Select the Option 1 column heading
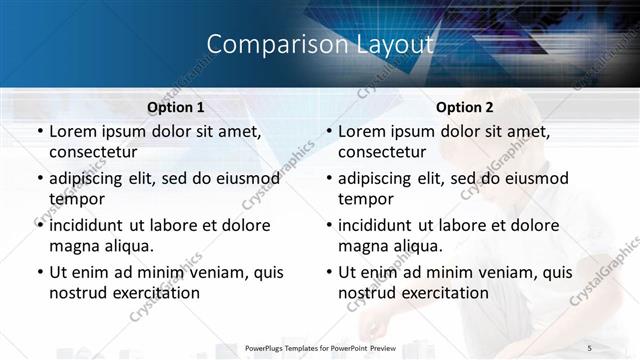pos(176,107)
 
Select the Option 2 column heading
pos(465,107)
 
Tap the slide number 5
pos(590,347)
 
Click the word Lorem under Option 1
pos(74,131)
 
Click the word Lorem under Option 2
pos(363,131)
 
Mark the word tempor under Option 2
pos(366,200)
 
